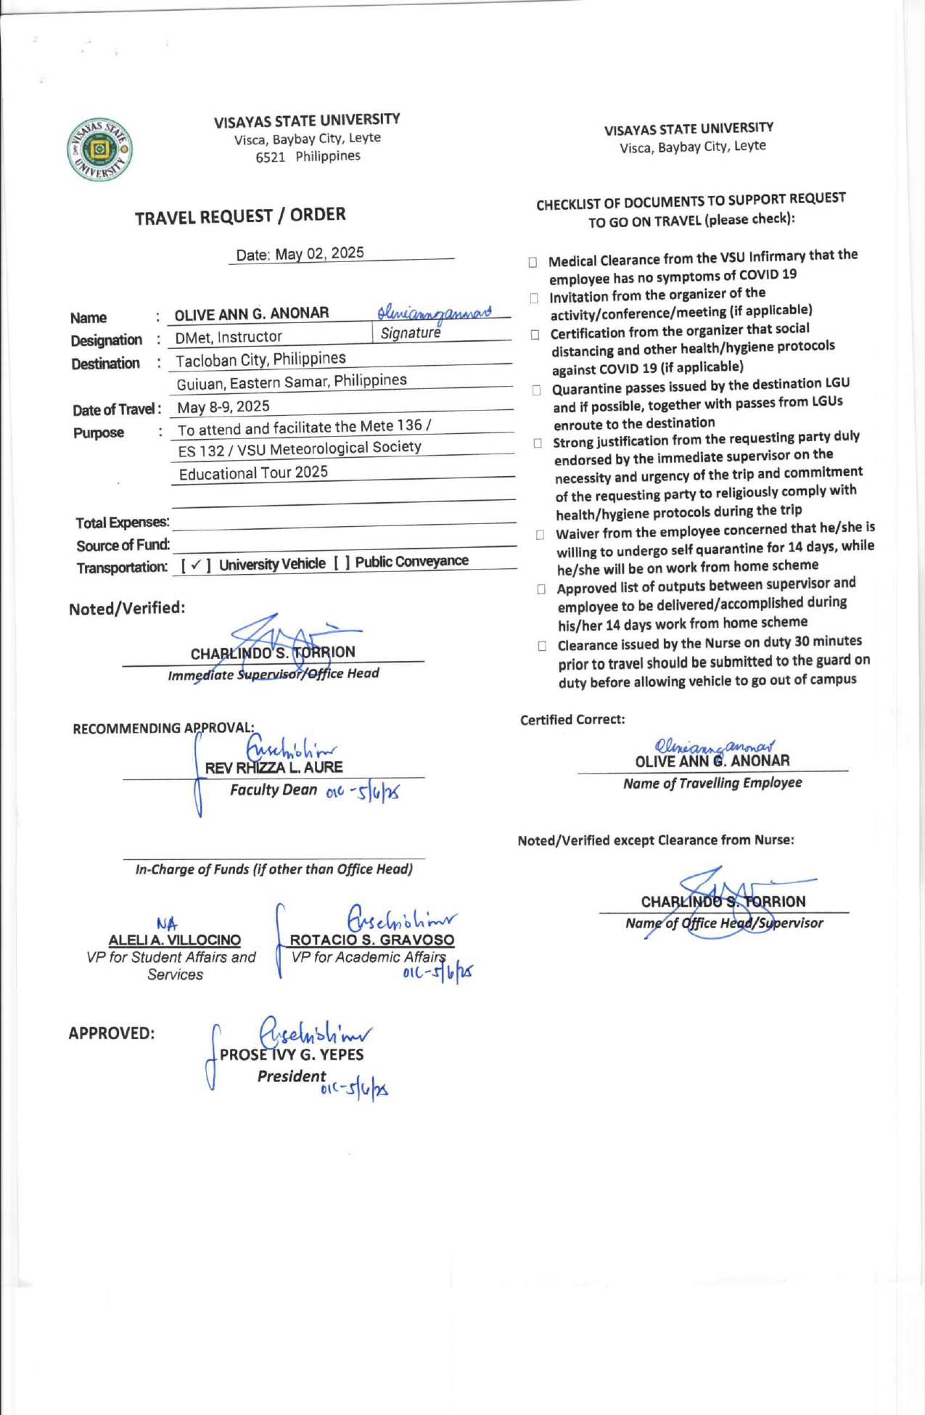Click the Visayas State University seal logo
coord(99,150)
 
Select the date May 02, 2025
coord(319,253)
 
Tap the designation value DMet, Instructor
coord(229,337)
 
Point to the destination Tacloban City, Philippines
coord(260,359)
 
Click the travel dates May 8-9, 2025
coord(223,406)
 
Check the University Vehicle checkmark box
coord(196,565)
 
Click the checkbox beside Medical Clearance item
coord(533,262)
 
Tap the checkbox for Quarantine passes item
coord(536,390)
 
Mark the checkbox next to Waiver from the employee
coord(540,535)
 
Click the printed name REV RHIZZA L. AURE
coord(274,768)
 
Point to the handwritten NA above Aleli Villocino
coord(167,924)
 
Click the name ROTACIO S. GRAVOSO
coord(372,940)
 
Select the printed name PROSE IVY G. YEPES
coord(292,1054)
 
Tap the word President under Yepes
coord(292,1076)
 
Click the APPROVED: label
coord(112,1033)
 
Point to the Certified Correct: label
coord(572,720)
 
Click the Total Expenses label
coord(123,522)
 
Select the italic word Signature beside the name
coord(411,333)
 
